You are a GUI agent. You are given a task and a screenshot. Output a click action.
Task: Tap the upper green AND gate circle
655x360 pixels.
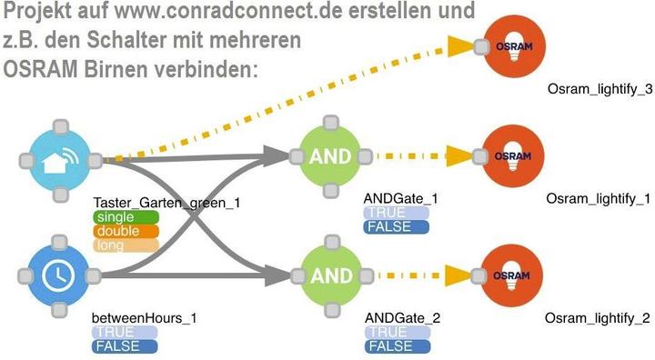[x=330, y=156]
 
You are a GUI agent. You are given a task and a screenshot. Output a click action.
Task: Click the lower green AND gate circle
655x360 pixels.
[x=330, y=275]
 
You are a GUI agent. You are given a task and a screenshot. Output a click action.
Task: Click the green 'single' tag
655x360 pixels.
[x=114, y=217]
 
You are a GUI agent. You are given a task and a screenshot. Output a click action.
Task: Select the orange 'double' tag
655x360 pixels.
[x=114, y=231]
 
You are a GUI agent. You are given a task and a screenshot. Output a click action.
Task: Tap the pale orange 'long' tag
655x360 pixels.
[x=114, y=245]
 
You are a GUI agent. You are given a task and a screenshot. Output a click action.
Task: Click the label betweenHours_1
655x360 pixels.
[x=144, y=318]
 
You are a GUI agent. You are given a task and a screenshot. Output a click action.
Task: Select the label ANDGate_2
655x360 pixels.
[x=401, y=317]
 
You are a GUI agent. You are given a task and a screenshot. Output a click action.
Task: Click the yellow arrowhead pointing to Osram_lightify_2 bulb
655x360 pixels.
[x=460, y=275]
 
